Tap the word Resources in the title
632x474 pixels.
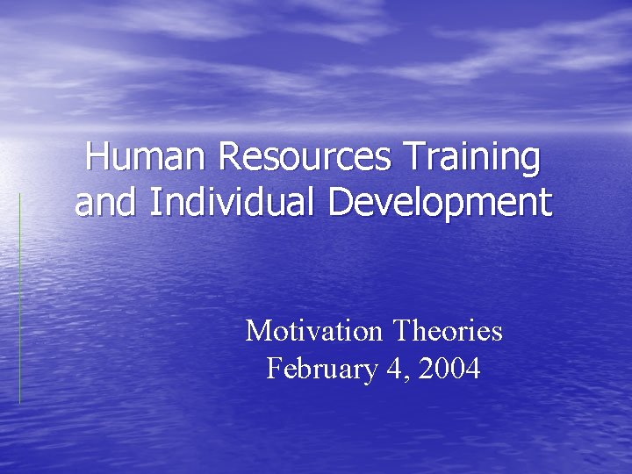coord(304,158)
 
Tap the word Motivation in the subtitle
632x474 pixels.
coord(314,331)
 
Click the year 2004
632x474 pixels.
coord(449,369)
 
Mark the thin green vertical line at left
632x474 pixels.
coord(19,298)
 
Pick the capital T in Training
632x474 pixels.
coord(412,158)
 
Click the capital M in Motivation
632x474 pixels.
coord(257,331)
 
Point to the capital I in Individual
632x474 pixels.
coord(154,202)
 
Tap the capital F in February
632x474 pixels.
coord(273,369)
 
